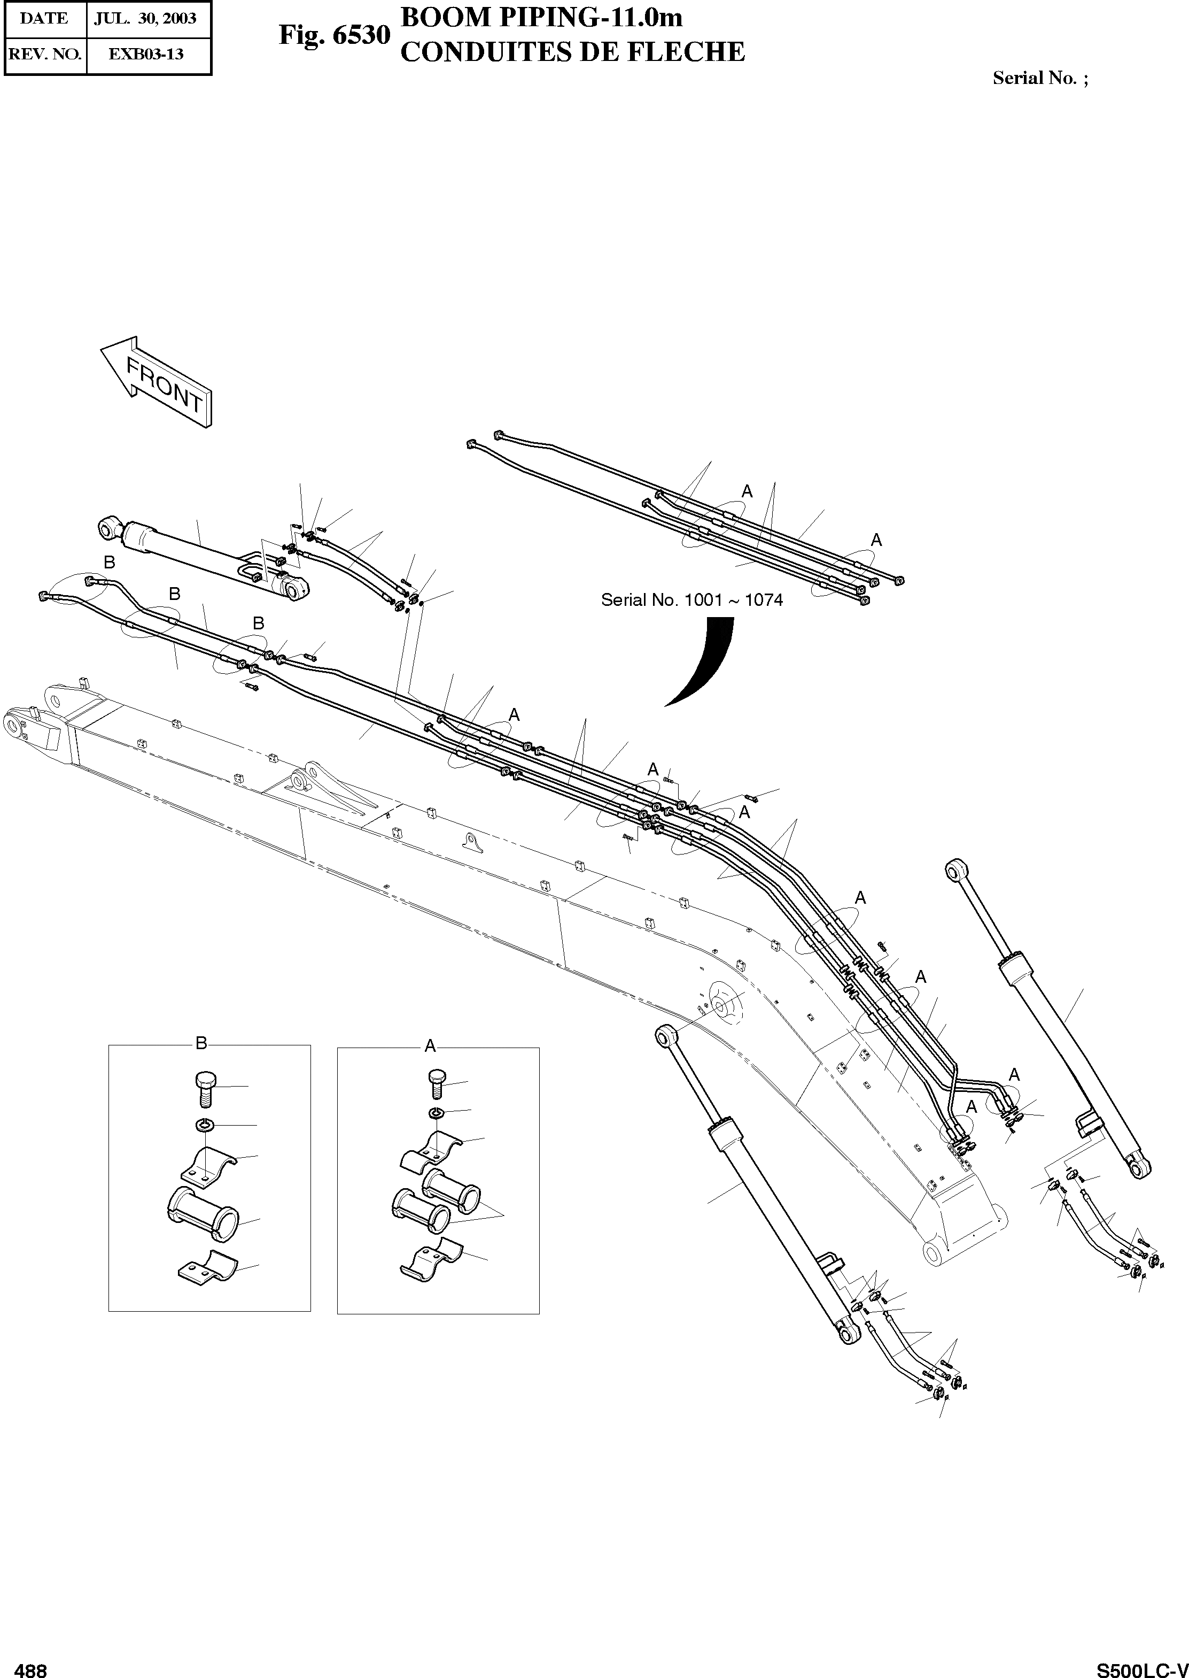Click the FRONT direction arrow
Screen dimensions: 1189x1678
[x=157, y=381]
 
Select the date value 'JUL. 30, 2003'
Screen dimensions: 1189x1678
[x=145, y=18]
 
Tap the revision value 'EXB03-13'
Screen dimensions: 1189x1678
[x=146, y=54]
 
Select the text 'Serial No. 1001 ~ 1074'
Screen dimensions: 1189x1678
[x=691, y=600]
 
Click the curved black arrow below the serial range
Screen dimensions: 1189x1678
[x=706, y=659]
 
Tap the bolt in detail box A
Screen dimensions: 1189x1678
[x=437, y=1082]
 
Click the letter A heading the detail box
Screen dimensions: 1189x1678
[x=430, y=1045]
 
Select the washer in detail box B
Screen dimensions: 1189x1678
[x=206, y=1125]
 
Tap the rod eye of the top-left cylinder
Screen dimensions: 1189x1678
[x=109, y=526]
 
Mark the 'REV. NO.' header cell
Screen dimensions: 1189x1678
[x=45, y=54]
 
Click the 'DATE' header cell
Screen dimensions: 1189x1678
[x=45, y=18]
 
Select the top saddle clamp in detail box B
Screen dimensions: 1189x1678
[x=208, y=1165]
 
